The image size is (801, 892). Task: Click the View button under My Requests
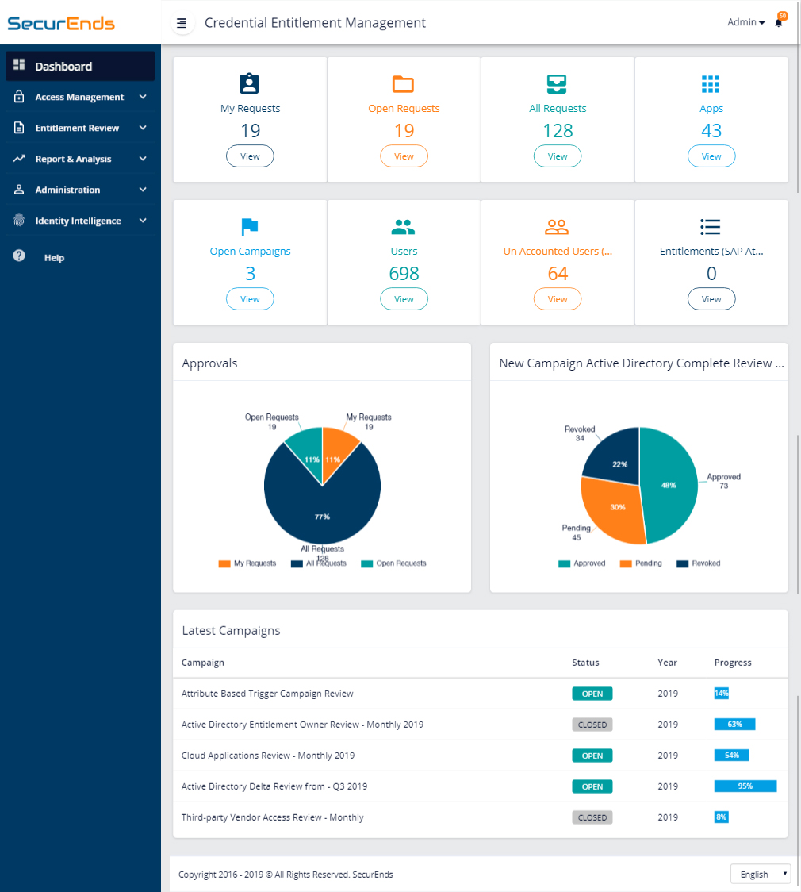[x=250, y=156]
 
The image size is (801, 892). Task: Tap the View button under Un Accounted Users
[x=558, y=299]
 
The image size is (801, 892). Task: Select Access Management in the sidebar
[x=79, y=97]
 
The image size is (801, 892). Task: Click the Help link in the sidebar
[x=54, y=258]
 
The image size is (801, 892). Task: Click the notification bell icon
[x=779, y=23]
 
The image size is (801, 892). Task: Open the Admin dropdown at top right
[x=745, y=22]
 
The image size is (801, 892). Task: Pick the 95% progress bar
[x=745, y=786]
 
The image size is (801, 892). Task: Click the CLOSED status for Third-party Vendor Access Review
[x=592, y=817]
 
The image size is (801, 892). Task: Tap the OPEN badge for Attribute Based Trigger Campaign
[x=592, y=694]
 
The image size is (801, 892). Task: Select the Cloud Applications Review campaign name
[x=268, y=756]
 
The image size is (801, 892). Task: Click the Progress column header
[x=733, y=663]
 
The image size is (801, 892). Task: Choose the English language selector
[x=760, y=874]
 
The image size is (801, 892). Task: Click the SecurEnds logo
[x=61, y=23]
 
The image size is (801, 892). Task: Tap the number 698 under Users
[x=404, y=274]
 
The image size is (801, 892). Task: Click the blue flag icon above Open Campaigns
[x=250, y=228]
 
